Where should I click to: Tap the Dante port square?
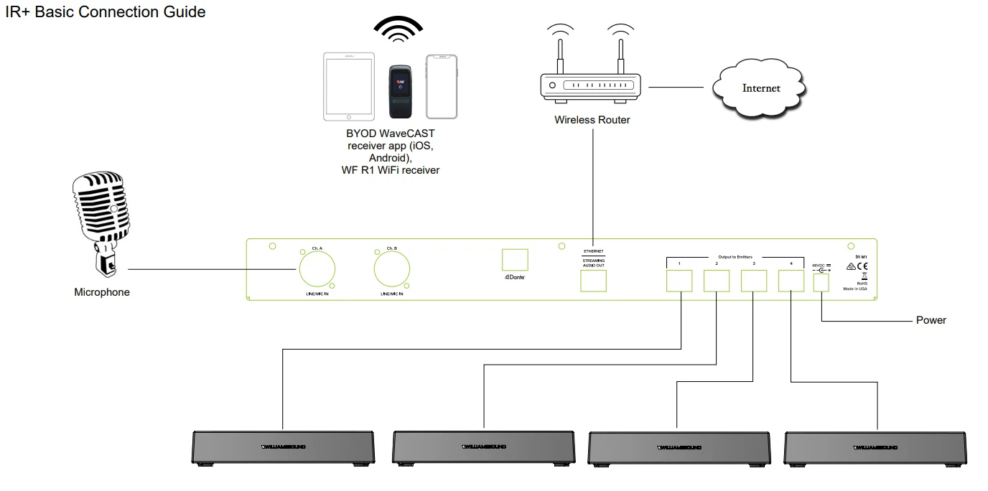(x=515, y=260)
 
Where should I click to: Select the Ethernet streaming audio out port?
(x=593, y=281)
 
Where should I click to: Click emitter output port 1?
(x=679, y=281)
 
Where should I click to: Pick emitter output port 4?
(x=791, y=281)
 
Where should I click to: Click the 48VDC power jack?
(x=821, y=283)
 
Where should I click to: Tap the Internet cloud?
(x=760, y=88)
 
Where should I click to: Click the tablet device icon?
(x=348, y=85)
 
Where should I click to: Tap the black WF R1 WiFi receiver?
(x=402, y=91)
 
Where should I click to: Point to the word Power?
(x=931, y=320)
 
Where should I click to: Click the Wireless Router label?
(x=592, y=120)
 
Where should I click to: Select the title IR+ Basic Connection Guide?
(x=106, y=12)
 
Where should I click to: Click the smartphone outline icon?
(x=442, y=85)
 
